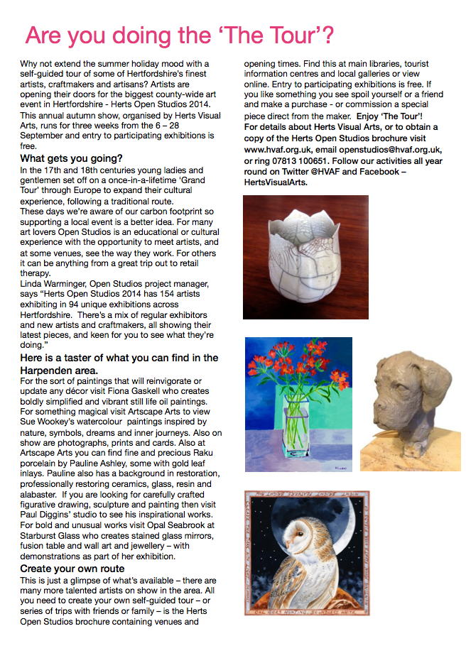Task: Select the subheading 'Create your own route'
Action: [72, 569]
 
